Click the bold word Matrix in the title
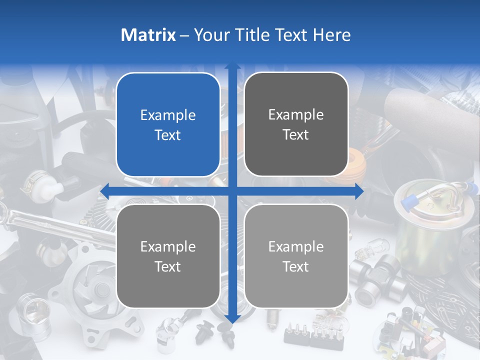(x=148, y=35)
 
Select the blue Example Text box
(x=168, y=124)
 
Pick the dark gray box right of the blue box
(x=296, y=124)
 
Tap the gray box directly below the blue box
(x=168, y=256)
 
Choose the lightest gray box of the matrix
(x=296, y=256)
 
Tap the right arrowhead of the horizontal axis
(x=359, y=191)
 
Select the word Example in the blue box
(x=168, y=115)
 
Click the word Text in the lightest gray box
(x=296, y=266)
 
